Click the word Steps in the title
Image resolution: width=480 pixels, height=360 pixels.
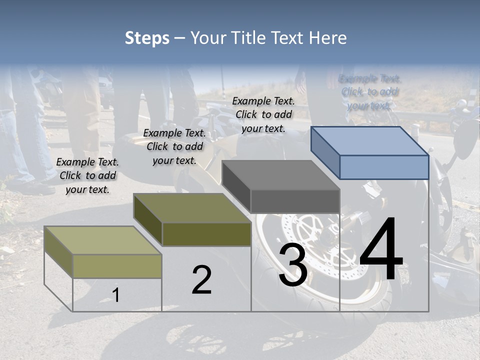pyautogui.click(x=147, y=38)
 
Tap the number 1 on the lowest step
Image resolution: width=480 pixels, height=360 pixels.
pyautogui.click(x=116, y=295)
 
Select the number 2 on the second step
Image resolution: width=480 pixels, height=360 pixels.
pyautogui.click(x=201, y=280)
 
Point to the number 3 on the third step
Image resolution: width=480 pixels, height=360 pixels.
pyautogui.click(x=292, y=265)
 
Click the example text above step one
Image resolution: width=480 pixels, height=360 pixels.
pyautogui.click(x=87, y=175)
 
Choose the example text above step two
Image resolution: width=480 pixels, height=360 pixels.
pyautogui.click(x=174, y=146)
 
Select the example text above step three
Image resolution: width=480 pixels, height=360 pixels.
pyautogui.click(x=263, y=114)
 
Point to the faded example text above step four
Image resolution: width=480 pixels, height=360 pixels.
pyautogui.click(x=369, y=92)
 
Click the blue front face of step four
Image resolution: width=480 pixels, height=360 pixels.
pyautogui.click(x=384, y=167)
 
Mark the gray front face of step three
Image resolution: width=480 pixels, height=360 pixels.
pyautogui.click(x=295, y=201)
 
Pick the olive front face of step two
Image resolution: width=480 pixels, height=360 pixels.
pyautogui.click(x=206, y=234)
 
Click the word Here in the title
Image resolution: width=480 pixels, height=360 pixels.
pyautogui.click(x=328, y=38)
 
